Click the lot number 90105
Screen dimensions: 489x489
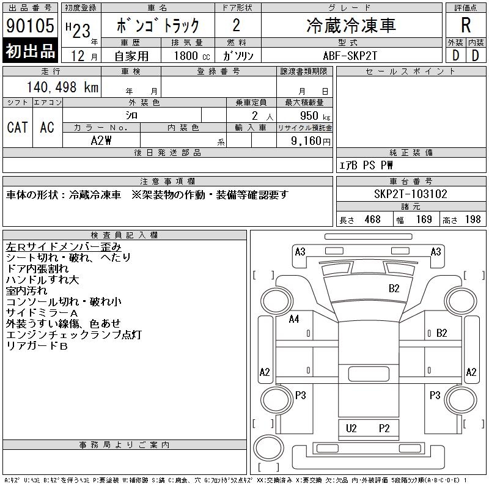[x=31, y=26]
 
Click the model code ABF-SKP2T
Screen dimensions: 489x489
[x=351, y=54]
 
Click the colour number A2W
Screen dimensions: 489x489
[x=101, y=140]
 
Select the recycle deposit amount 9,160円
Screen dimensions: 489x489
[x=308, y=141]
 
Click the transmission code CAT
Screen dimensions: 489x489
[x=17, y=127]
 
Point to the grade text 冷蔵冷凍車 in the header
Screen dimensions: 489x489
[x=351, y=25]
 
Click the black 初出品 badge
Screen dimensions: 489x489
[x=31, y=51]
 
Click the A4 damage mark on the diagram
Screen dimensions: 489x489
[x=294, y=318]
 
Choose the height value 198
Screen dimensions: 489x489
[x=472, y=219]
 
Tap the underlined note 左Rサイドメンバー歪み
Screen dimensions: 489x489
[x=63, y=246]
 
